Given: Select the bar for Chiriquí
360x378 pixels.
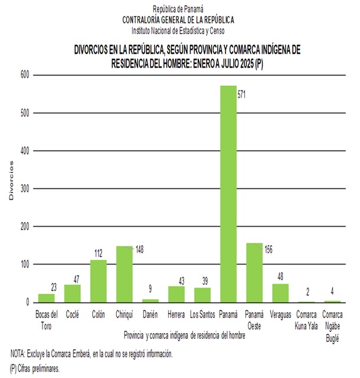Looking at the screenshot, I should point(124,274).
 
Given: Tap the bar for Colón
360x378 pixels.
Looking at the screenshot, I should point(98,281).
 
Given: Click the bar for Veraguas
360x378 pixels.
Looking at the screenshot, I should point(280,293).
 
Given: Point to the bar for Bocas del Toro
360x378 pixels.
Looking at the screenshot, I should point(46,298).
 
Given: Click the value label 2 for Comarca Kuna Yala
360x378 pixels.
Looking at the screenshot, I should point(307,292).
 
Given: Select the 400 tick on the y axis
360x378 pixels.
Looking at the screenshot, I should point(24,151).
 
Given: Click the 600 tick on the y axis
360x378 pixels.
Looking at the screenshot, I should point(24,75).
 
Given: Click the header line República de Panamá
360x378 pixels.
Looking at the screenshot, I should point(178,9).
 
